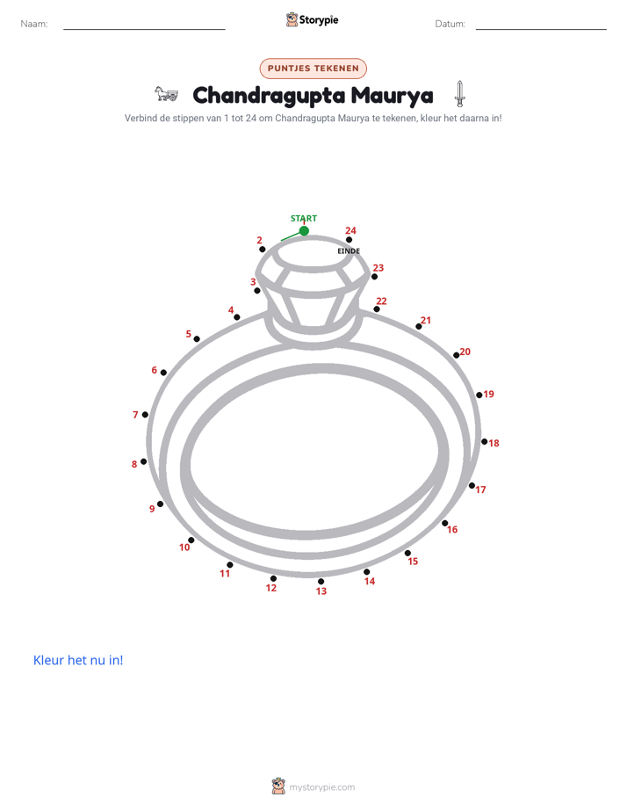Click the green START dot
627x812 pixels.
click(304, 230)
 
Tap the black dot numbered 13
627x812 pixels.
click(321, 582)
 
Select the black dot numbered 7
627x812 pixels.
click(145, 414)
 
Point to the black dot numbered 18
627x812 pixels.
click(484, 442)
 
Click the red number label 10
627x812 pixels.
click(184, 547)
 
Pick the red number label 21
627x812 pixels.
click(426, 320)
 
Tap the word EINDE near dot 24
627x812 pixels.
click(349, 251)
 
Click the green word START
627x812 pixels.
click(304, 219)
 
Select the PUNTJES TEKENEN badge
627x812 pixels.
click(313, 69)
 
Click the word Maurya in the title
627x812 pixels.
click(393, 96)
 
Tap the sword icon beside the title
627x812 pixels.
click(459, 94)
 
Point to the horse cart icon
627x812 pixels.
click(166, 94)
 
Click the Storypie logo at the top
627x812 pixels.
click(312, 19)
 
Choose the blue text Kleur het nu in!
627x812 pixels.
click(78, 660)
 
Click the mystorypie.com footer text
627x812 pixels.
click(321, 787)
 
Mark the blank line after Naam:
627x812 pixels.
click(144, 30)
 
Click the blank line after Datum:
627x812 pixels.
click(541, 30)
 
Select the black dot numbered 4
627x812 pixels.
click(237, 317)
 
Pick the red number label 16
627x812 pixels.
click(452, 529)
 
